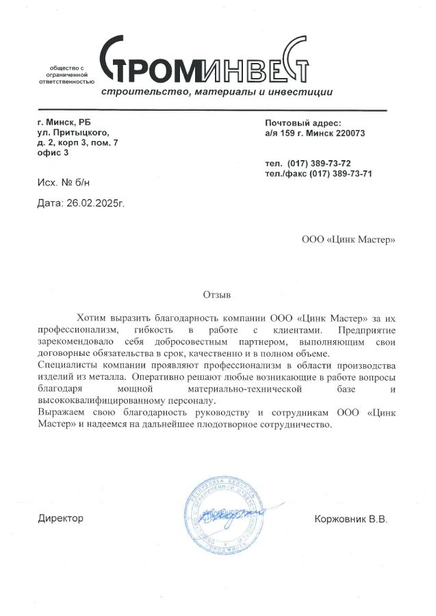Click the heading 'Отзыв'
[x=217, y=295]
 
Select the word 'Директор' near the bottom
[x=60, y=518]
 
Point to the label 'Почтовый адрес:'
[x=302, y=123]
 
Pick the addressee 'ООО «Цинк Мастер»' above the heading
[x=348, y=240]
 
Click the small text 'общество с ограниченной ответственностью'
[x=66, y=75]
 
